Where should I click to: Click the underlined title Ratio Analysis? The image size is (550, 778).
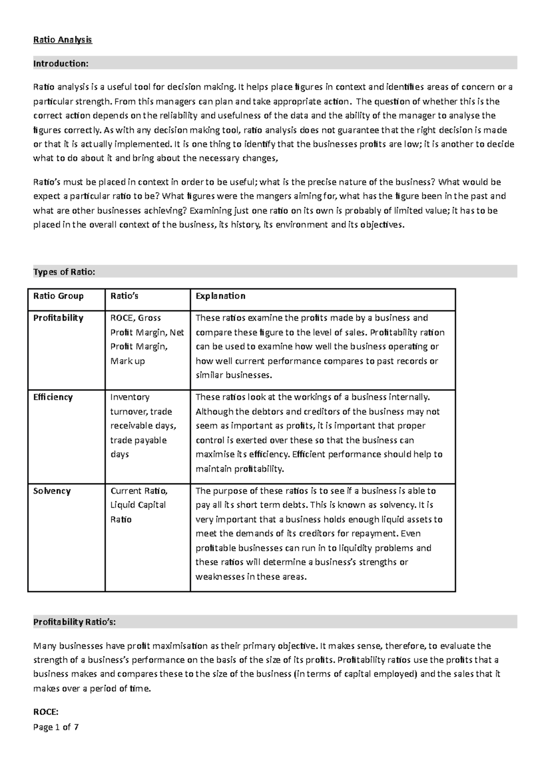(62, 40)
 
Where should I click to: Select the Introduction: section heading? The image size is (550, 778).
(60, 64)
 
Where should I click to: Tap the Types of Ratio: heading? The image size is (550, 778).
(64, 272)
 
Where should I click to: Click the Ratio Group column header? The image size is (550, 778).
(58, 296)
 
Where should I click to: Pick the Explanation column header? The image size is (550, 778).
(220, 296)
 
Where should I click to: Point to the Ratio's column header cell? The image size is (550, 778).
(124, 296)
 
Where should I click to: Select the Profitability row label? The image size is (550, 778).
(58, 318)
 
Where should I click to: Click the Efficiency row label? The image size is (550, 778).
(53, 397)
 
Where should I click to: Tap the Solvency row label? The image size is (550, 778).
(52, 491)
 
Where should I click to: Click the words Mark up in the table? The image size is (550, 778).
(127, 361)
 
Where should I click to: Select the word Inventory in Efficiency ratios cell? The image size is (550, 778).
(130, 397)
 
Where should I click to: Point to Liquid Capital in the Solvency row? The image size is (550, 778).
(138, 505)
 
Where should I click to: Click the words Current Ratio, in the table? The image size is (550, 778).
(139, 491)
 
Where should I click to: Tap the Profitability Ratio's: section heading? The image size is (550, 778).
(74, 622)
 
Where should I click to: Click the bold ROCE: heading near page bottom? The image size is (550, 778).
(46, 712)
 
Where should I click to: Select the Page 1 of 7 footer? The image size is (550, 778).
(56, 727)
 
